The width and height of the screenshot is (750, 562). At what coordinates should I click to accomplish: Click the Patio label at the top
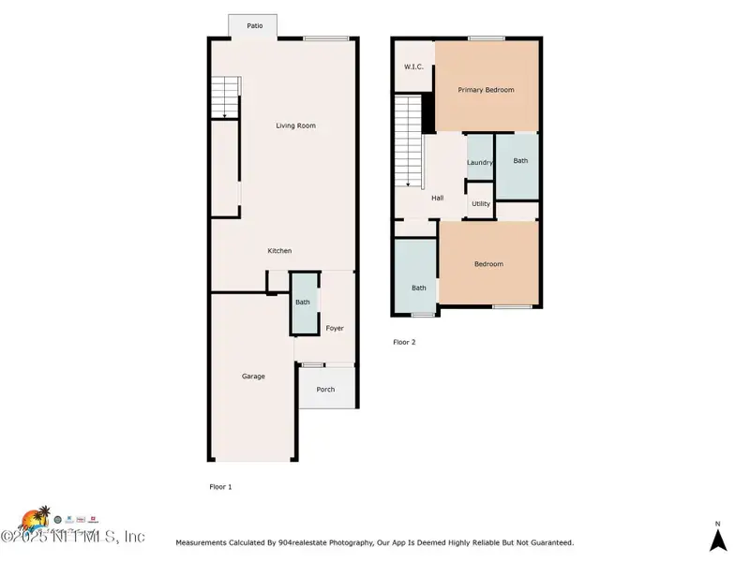pos(254,26)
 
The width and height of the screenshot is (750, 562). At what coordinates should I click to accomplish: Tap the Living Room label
pos(294,126)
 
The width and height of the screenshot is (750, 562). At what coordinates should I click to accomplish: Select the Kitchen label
pos(279,251)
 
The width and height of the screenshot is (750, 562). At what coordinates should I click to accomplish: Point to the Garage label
pos(253,377)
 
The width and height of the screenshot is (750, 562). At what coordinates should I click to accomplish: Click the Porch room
pos(325,390)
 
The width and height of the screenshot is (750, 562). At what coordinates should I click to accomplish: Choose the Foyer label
pos(335,329)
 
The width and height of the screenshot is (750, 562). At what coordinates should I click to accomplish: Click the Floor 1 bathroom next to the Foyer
pos(303,303)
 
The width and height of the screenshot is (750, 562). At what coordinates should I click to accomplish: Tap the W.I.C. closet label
pos(413,67)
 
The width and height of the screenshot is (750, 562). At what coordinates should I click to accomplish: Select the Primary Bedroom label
pos(486,90)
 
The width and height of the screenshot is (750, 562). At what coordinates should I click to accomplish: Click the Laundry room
pos(480,163)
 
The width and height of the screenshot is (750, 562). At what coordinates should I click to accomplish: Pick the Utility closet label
pos(481,203)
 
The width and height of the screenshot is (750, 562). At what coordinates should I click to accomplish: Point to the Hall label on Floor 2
pos(437,199)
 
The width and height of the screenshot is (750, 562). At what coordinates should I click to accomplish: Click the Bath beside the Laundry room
pos(520,161)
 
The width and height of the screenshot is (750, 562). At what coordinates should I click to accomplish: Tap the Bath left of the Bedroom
pos(418,288)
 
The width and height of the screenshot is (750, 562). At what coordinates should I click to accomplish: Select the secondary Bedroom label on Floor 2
pos(488,264)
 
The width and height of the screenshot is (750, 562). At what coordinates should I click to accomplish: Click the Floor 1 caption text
pos(219,487)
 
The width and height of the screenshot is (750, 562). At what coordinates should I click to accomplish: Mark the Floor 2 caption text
pos(403,342)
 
